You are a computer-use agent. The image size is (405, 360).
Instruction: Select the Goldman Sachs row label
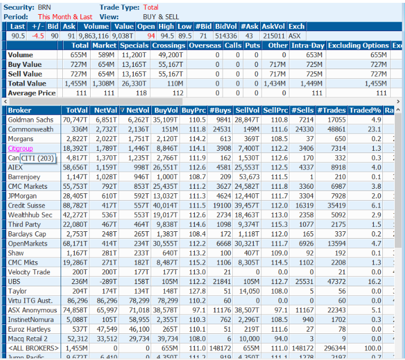31,120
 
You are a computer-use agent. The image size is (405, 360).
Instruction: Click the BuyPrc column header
194,110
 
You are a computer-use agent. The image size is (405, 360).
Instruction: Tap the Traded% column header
365,110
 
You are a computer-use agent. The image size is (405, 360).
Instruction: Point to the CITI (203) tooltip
37,158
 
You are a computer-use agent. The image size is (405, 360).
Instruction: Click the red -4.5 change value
38,36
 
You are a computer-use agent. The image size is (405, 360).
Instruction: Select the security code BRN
44,7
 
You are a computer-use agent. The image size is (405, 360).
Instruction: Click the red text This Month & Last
65,17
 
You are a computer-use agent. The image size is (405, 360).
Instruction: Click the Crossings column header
169,45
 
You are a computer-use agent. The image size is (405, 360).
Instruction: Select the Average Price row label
32,93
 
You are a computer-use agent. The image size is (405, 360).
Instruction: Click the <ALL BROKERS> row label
33,348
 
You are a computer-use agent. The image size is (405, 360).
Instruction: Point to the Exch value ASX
295,36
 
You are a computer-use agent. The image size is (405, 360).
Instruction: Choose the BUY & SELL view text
161,17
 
